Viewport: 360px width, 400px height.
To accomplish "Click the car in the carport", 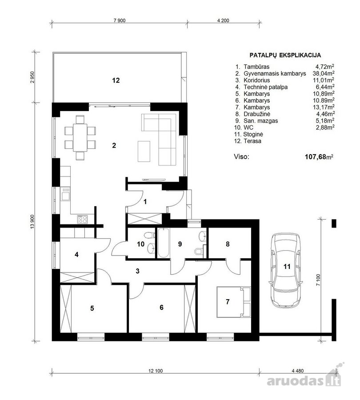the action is [286, 270].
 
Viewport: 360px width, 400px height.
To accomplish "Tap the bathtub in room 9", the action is [163, 243].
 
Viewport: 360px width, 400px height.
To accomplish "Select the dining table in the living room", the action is [80, 138].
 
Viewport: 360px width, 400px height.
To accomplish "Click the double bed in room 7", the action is [233, 302].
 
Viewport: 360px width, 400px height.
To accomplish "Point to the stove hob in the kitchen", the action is [82, 219].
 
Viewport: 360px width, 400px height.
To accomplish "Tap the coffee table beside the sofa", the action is [144, 151].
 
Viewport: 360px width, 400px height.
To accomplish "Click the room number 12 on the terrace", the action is [116, 80].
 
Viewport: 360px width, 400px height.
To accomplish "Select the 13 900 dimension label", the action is [32, 222].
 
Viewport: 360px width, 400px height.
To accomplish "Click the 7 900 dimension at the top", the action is [120, 20].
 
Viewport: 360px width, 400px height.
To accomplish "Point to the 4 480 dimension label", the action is [297, 371].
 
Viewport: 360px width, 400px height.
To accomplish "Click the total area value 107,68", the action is [316, 156].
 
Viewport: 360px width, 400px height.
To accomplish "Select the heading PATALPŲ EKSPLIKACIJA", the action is [285, 55].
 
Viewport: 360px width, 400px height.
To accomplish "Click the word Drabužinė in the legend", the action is [257, 114].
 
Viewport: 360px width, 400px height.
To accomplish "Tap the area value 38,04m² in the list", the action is [324, 73].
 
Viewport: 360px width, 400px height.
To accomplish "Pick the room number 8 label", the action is [228, 244].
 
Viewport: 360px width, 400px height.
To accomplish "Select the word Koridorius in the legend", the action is [257, 80].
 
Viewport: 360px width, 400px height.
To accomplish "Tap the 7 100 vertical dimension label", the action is [318, 280].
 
